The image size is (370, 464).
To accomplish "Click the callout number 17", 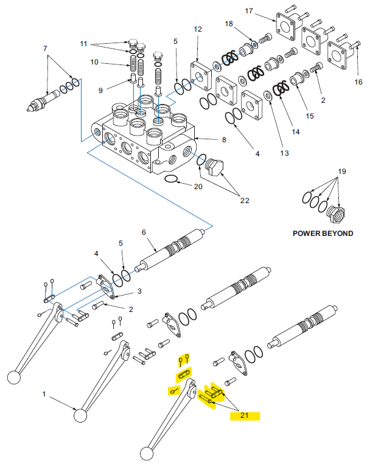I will [265, 11].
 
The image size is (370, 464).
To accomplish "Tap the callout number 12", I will [197, 29].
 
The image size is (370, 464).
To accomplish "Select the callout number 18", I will [229, 24].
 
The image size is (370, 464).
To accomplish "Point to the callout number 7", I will [45, 48].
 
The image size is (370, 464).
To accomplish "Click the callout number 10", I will [94, 61].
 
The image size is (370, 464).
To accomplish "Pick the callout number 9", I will [100, 91].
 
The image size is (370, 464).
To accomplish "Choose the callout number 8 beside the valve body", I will [224, 140].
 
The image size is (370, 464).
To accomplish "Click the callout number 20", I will [198, 187].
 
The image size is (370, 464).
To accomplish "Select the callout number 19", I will [341, 171].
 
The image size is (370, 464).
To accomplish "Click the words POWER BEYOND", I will [323, 234].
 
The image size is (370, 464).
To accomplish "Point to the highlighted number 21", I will [245, 416].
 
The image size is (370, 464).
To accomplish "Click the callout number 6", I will [144, 232].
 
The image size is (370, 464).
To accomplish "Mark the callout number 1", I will [44, 394].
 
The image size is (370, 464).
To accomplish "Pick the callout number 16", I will [358, 81].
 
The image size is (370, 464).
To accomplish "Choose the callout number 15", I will [309, 116].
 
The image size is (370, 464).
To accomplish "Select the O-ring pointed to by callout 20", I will [172, 179].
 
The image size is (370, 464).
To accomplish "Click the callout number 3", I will [139, 291].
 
